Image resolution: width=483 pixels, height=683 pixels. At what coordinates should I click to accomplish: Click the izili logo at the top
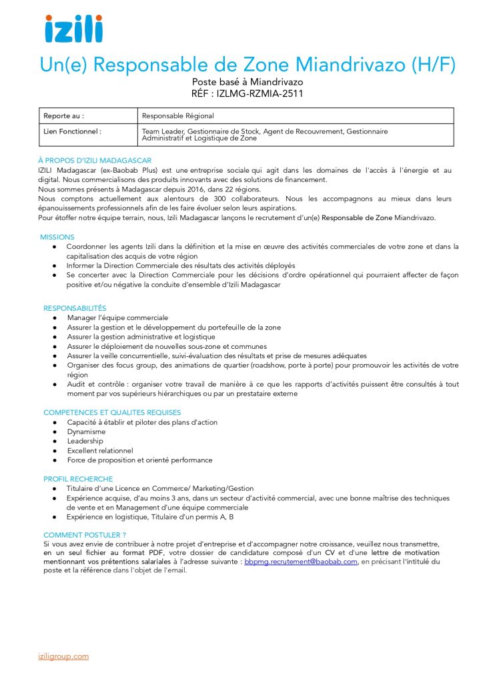pos(73,29)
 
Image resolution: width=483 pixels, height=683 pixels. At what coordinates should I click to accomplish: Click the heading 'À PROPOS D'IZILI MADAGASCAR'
pos(95,161)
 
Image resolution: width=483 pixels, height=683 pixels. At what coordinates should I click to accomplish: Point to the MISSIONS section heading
pos(57,237)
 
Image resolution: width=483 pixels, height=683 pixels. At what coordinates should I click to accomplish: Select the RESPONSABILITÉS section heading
pos(75,308)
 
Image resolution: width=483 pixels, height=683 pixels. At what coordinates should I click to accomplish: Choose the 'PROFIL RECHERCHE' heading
pos(78,479)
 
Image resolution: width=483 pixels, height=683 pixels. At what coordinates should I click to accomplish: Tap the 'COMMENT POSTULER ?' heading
pos(85,535)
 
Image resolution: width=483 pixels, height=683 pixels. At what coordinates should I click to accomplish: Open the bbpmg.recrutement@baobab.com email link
pos(301,562)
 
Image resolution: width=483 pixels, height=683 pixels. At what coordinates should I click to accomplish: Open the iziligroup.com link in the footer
pos(63,656)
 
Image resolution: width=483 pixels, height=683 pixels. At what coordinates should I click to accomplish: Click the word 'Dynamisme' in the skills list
pos(86,432)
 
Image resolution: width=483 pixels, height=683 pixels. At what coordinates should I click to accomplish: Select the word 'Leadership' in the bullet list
pos(85,441)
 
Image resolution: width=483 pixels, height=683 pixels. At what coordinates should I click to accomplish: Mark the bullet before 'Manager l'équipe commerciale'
pos(54,318)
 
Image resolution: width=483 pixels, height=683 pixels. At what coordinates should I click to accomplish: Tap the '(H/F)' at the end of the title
pos(434,65)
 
